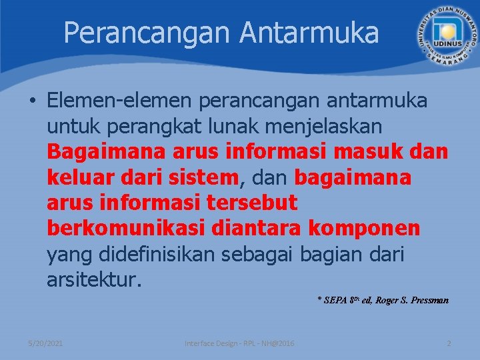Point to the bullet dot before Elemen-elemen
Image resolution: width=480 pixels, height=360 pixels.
tap(33, 101)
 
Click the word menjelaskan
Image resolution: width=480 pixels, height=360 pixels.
tap(325, 126)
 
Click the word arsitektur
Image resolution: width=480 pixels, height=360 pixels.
tap(94, 279)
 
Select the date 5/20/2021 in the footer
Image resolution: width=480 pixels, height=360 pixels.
tap(45, 343)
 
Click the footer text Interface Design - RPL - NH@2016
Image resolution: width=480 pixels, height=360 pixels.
tap(241, 343)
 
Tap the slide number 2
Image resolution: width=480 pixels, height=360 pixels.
tap(449, 343)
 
